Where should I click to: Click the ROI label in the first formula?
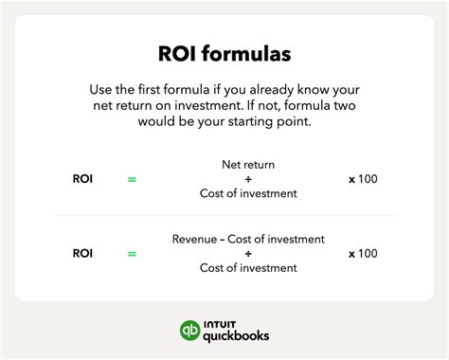(83, 178)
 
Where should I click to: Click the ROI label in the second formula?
(83, 253)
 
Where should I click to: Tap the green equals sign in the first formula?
(132, 178)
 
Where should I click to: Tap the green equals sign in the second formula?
(132, 253)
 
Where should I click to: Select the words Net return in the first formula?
(248, 163)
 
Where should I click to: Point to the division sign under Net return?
(248, 178)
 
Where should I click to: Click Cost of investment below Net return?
(248, 193)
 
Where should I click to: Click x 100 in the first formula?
(363, 178)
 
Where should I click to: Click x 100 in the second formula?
(363, 253)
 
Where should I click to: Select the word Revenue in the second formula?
(194, 239)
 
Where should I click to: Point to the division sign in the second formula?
(248, 253)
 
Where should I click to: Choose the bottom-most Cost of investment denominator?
(248, 268)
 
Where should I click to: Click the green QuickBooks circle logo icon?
(191, 332)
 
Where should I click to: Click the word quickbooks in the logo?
(236, 336)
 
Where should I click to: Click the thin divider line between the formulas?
(224, 216)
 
